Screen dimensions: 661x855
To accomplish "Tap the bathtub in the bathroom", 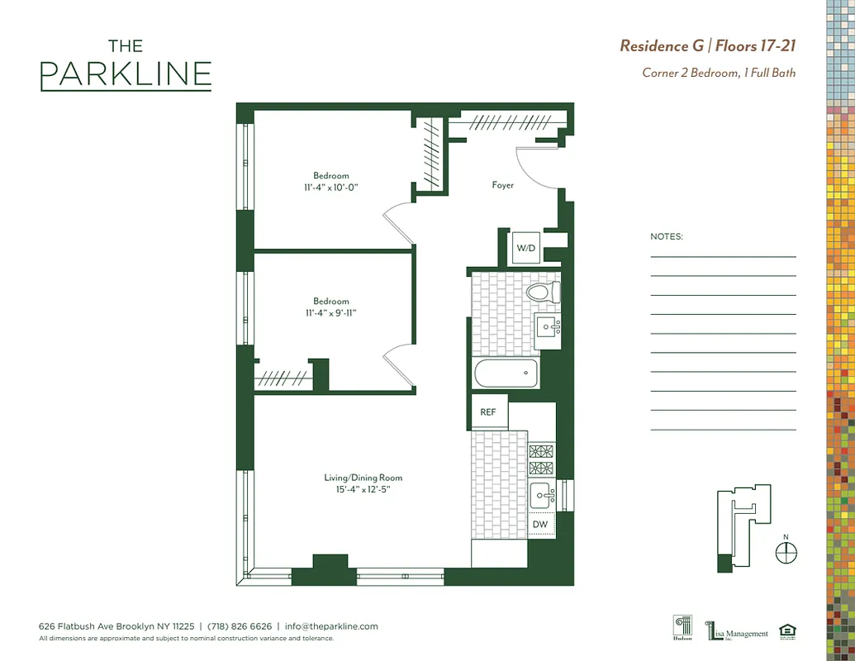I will click(x=506, y=373).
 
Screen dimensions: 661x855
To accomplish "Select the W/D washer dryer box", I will click(x=526, y=248).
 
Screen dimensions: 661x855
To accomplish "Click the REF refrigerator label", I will click(x=488, y=411).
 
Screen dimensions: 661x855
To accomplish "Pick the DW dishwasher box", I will click(x=539, y=525).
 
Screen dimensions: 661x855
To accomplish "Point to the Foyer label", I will click(x=502, y=185).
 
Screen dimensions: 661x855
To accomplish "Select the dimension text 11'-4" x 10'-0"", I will click(x=330, y=188).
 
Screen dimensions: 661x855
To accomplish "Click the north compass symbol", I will click(x=786, y=552).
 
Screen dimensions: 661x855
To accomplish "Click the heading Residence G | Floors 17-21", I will click(x=707, y=45).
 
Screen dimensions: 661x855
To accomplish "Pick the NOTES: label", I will click(x=667, y=236).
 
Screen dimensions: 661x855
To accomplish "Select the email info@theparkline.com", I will click(x=331, y=626).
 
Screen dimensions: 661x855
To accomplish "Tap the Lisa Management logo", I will click(x=737, y=632).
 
